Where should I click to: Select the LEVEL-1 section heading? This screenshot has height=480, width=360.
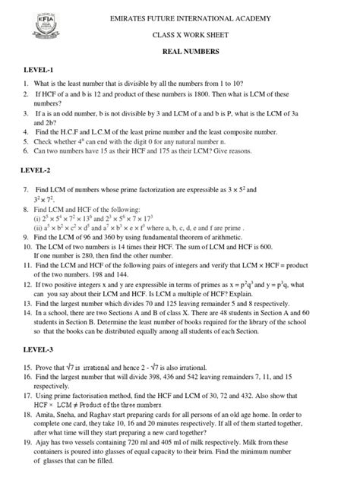(x=40, y=70)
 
